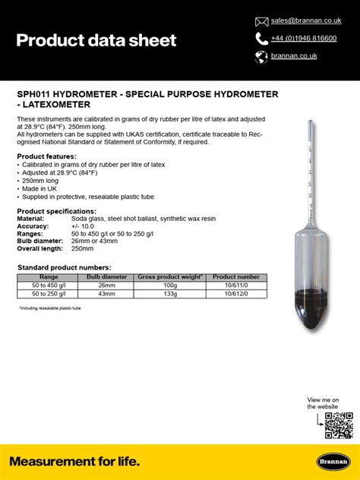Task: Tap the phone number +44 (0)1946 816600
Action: click(304, 38)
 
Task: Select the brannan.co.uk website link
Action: click(295, 55)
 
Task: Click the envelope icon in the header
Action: click(261, 21)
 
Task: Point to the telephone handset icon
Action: click(261, 38)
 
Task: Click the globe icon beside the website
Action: click(261, 56)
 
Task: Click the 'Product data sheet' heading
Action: click(96, 40)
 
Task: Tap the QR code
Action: click(338, 425)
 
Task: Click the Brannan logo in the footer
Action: click(332, 462)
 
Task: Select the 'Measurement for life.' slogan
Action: click(74, 461)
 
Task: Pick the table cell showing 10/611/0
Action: click(236, 285)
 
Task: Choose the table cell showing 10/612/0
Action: click(236, 292)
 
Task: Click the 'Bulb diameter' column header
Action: click(107, 277)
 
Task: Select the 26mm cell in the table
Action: click(107, 285)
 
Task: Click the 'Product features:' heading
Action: click(46, 156)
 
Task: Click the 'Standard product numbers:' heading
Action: click(64, 267)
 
